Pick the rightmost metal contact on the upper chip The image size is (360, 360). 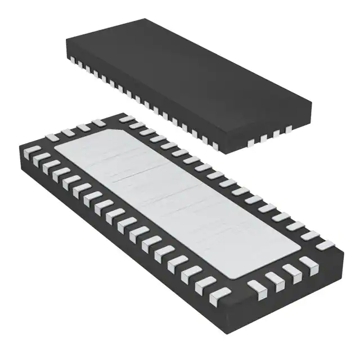point(289,130)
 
